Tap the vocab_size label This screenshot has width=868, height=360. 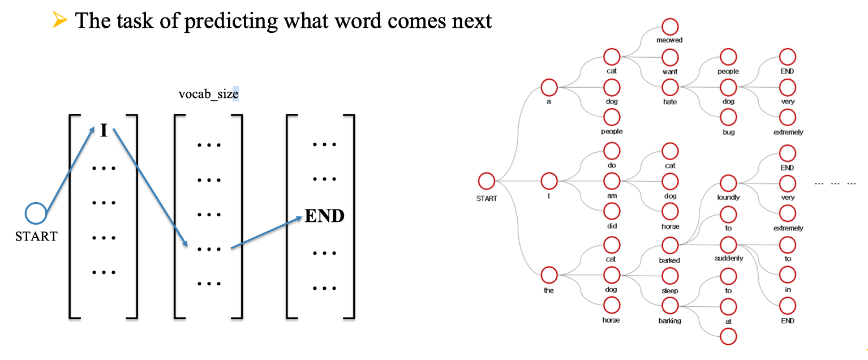[x=208, y=94]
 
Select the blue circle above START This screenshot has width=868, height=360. [x=36, y=215]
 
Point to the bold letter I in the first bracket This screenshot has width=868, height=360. [x=104, y=130]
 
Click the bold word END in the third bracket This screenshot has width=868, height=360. [x=324, y=216]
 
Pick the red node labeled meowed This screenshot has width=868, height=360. [x=669, y=26]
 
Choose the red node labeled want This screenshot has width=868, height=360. [x=669, y=57]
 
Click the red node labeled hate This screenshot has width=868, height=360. [x=669, y=87]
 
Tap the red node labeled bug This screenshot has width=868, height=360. [x=728, y=117]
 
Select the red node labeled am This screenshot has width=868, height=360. [x=611, y=181]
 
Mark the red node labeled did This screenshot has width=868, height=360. [x=611, y=211]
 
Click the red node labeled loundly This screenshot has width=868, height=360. [x=728, y=183]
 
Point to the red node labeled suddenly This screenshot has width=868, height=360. [x=728, y=245]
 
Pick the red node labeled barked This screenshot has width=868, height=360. [x=669, y=245]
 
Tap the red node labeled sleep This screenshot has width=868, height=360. [x=669, y=276]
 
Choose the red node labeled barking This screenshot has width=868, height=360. [x=669, y=306]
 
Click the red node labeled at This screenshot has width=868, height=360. [x=728, y=306]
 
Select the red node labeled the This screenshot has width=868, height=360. [x=549, y=276]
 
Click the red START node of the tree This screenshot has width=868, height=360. [x=486, y=181]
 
